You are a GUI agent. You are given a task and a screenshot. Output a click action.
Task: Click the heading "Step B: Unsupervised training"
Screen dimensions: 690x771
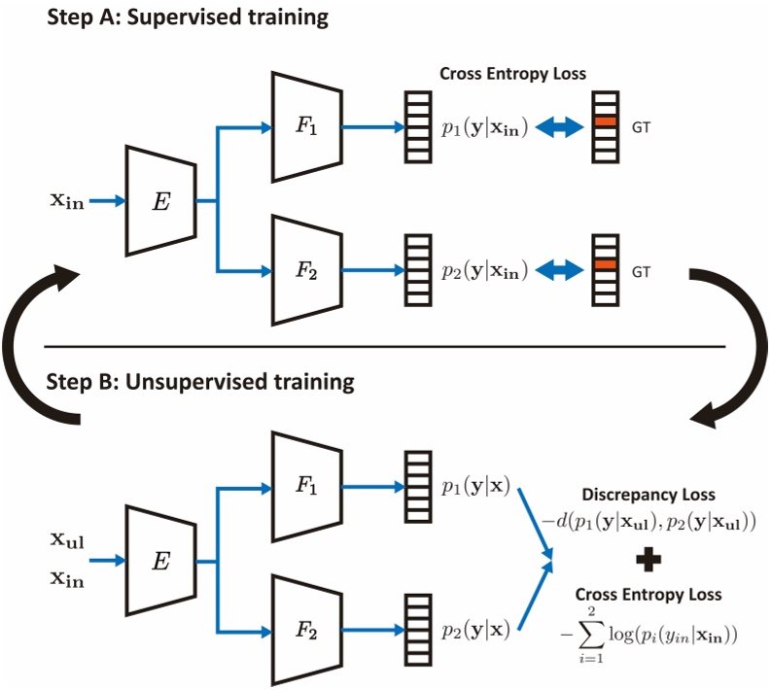pyautogui.click(x=200, y=381)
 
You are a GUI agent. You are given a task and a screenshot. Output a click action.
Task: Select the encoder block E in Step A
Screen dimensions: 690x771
pyautogui.click(x=160, y=201)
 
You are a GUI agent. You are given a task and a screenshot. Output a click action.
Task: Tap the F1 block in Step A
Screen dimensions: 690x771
pyautogui.click(x=306, y=127)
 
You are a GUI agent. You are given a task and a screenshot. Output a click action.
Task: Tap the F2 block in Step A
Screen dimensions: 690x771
pyautogui.click(x=306, y=269)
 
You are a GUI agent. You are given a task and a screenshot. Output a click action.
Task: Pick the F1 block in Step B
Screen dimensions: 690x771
pyautogui.click(x=306, y=487)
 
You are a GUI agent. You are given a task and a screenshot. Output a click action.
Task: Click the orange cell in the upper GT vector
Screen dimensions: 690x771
pyautogui.click(x=606, y=121)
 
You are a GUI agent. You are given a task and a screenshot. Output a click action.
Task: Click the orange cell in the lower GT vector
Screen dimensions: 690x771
pyautogui.click(x=606, y=264)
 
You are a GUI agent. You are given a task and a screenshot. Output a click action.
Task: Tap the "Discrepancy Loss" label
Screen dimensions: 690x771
pyautogui.click(x=648, y=495)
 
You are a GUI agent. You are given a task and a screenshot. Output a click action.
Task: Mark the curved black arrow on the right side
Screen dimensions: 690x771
pyautogui.click(x=734, y=345)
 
